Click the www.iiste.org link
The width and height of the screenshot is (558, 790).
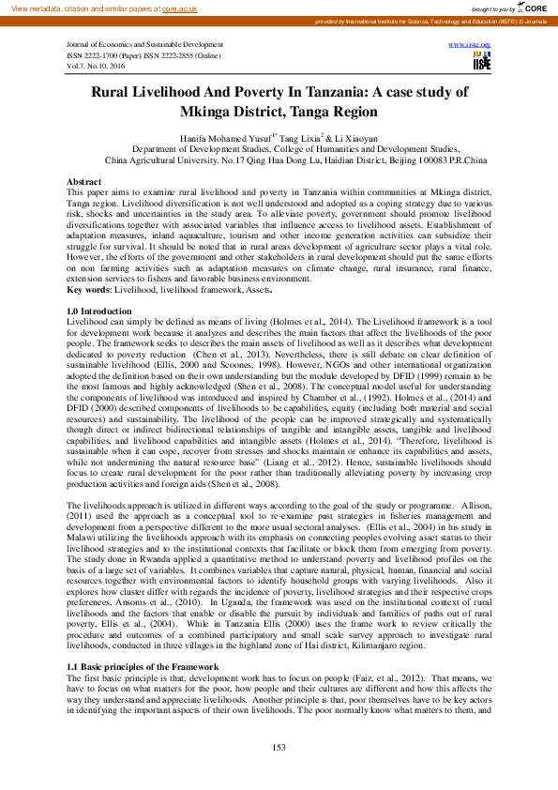click(470, 44)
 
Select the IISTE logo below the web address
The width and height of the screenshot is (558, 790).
click(482, 63)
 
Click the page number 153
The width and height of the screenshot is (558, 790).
click(279, 746)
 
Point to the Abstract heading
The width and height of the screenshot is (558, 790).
click(84, 180)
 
